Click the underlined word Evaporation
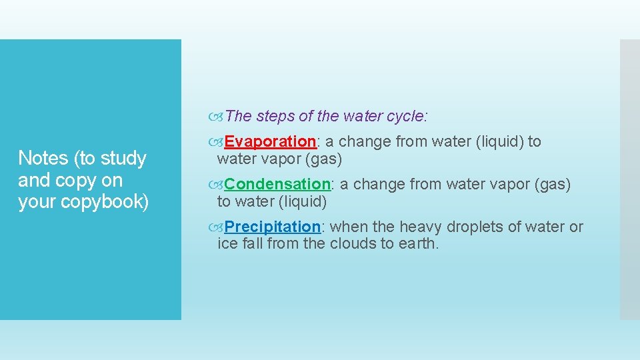270,141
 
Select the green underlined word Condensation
277,184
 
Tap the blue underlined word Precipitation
273,227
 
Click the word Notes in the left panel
43,158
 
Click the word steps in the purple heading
275,116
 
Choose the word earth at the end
417,243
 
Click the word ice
227,243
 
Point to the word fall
253,243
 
